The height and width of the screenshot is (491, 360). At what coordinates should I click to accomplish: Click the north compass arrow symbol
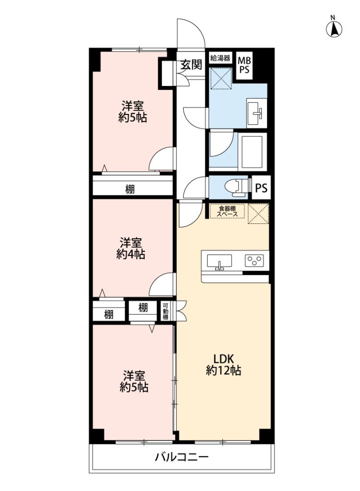coord(334,29)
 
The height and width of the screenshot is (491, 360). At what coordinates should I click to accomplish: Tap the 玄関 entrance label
coord(191,65)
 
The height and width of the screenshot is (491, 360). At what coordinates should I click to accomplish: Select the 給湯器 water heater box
coord(220,58)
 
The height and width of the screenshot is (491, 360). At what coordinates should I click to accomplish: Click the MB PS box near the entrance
coord(245,65)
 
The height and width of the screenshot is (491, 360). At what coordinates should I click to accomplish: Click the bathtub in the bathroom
coord(252,152)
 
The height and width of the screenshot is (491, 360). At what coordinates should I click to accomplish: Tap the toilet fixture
coord(237,188)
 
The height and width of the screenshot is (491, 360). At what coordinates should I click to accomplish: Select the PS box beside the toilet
coord(261,188)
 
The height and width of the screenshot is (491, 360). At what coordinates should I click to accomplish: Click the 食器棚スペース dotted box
coord(227,211)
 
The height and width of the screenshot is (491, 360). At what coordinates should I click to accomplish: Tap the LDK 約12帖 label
coord(223,364)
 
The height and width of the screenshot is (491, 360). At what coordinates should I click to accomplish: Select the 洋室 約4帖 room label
coord(131,248)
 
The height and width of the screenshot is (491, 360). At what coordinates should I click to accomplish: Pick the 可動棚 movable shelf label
coord(166,311)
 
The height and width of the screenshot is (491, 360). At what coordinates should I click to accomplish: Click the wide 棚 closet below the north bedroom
coord(133,189)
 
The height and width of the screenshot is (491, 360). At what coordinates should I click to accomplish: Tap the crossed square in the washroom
coord(221,78)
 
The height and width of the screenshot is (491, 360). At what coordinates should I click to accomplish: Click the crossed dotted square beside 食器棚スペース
coord(258,214)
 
